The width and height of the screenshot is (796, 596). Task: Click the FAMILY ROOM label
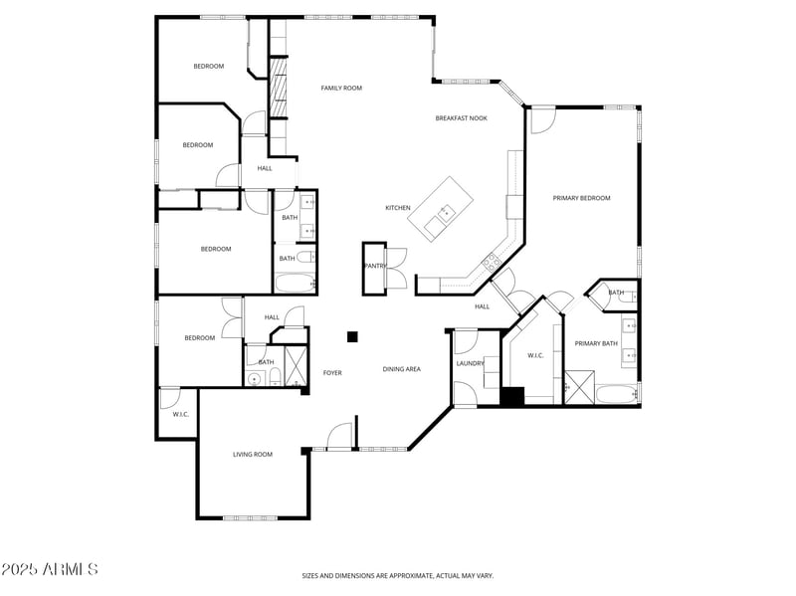click(341, 89)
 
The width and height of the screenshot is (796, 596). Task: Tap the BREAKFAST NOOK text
click(461, 118)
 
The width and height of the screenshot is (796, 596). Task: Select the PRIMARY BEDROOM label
click(581, 198)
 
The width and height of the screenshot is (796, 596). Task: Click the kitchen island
click(444, 209)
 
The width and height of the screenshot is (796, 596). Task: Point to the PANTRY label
click(374, 266)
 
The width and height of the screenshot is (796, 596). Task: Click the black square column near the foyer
click(351, 337)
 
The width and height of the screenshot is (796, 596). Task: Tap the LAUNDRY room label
click(470, 363)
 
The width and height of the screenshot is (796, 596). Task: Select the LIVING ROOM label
click(253, 455)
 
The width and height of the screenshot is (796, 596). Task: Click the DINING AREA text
click(402, 369)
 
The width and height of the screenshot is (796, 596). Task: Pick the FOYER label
click(332, 373)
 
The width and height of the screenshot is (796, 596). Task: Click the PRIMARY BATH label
click(596, 343)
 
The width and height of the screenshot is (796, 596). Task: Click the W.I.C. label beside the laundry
click(534, 355)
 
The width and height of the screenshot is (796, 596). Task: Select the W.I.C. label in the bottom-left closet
click(181, 414)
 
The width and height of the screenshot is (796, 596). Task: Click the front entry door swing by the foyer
click(339, 434)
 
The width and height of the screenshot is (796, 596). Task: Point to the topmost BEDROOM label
click(208, 66)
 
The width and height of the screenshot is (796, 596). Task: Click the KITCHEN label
click(398, 208)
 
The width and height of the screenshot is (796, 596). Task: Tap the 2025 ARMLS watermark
click(50, 569)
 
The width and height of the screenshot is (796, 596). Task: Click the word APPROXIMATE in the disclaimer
click(409, 575)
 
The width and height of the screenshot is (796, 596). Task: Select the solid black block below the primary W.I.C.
click(511, 396)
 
